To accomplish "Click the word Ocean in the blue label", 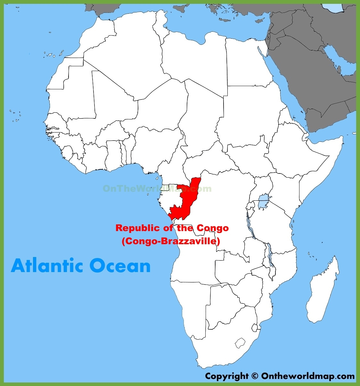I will pos(120,266).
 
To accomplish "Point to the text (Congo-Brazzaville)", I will pos(171,241).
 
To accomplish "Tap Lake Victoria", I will pos(264,201).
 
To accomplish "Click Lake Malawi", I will pos(271,256).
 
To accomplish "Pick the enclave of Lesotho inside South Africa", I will pos(241,343).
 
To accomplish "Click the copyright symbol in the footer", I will pos(255,376).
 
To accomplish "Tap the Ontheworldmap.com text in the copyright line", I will pos(308,376).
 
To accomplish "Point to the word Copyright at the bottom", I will pos(227,376).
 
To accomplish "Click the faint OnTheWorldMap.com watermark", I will pos(157,189).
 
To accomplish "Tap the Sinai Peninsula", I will pos(264,48).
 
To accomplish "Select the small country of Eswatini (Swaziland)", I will pos(255,327).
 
